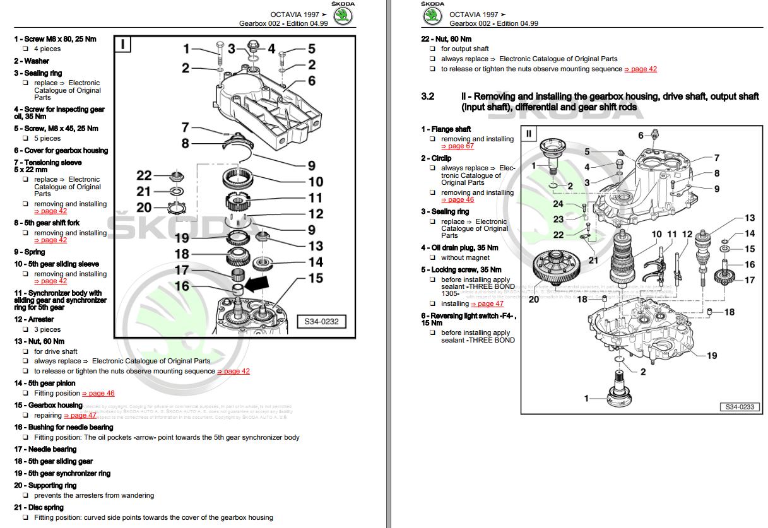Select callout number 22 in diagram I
145,175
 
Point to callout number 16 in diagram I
182,286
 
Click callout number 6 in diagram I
311,81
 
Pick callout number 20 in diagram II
534,299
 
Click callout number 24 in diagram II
558,204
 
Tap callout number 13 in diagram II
749,218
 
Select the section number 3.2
428,97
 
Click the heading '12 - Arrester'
34,319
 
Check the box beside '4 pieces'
25,49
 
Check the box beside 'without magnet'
432,257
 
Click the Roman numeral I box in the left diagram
123,44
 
